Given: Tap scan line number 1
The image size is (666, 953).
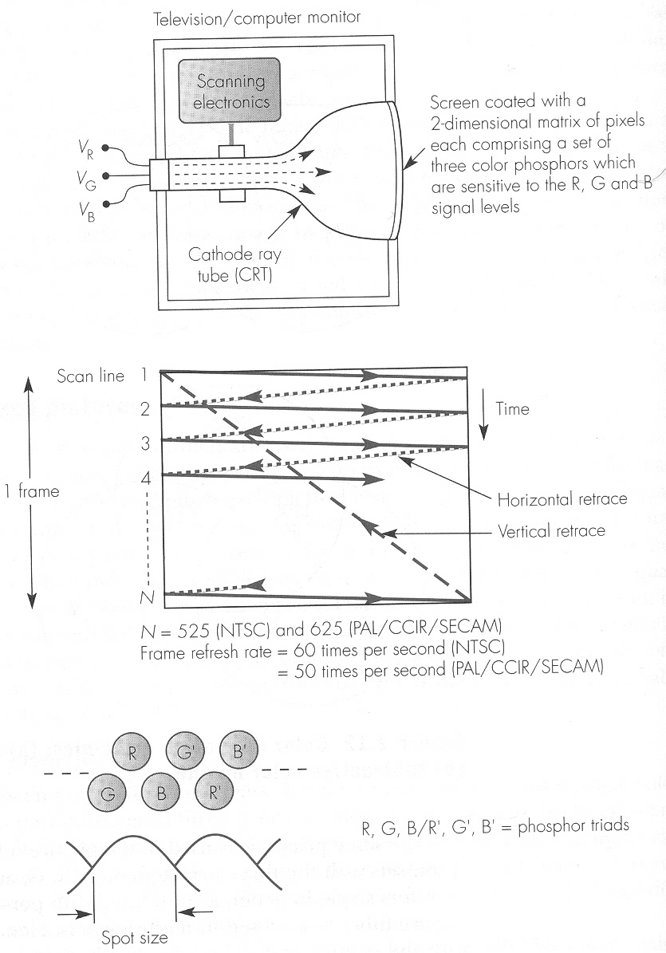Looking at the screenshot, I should click(144, 374).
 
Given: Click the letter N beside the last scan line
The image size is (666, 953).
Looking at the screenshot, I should click(144, 595).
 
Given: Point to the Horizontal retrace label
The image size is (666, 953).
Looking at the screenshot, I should click(562, 500).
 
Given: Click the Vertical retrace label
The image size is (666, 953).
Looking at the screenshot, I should click(550, 530).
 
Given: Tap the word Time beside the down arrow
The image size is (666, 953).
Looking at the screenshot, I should click(511, 409).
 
